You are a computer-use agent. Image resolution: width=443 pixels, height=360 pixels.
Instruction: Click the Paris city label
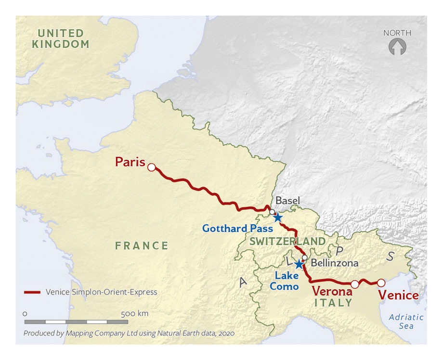click(130, 162)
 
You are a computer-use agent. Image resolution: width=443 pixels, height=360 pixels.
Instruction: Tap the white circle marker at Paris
click(151, 167)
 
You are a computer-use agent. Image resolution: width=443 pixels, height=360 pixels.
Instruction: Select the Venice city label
click(398, 295)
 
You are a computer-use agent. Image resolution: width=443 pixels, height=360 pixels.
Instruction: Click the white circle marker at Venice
click(381, 283)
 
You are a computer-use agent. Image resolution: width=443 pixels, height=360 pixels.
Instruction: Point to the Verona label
click(332, 291)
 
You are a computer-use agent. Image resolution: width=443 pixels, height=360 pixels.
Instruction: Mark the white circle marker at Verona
click(355, 284)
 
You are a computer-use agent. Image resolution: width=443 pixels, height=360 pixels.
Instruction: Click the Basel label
click(287, 200)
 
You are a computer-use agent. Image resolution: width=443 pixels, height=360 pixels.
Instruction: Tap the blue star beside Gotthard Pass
click(278, 218)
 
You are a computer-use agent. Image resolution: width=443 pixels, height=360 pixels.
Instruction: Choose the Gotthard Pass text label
click(237, 229)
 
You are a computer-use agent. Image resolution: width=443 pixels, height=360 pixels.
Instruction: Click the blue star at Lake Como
click(299, 264)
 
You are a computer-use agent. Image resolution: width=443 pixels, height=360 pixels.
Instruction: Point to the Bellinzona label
click(335, 263)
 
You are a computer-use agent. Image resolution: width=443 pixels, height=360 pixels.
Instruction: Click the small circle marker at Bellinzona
click(304, 257)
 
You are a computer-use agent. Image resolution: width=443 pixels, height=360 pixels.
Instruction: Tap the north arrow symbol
click(397, 47)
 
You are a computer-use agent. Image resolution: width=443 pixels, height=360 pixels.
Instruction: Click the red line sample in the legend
click(32, 292)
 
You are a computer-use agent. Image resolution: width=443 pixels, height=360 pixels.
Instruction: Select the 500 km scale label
click(135, 313)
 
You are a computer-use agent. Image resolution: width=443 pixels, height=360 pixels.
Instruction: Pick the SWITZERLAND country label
click(287, 241)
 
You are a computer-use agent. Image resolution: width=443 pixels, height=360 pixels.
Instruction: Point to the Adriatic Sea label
click(406, 321)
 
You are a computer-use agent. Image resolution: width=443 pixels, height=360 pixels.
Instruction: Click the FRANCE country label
click(142, 245)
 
